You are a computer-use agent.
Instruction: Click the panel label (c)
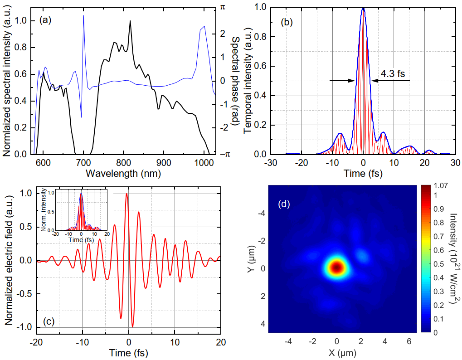click(49, 321)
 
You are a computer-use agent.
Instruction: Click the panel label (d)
click(284, 204)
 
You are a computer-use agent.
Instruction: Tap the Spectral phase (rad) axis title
click(235, 79)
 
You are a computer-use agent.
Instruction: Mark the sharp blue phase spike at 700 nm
click(83, 16)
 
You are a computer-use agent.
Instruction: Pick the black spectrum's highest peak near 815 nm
click(130, 21)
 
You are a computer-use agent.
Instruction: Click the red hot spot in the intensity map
click(336, 267)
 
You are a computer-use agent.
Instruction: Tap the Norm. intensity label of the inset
click(44, 210)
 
